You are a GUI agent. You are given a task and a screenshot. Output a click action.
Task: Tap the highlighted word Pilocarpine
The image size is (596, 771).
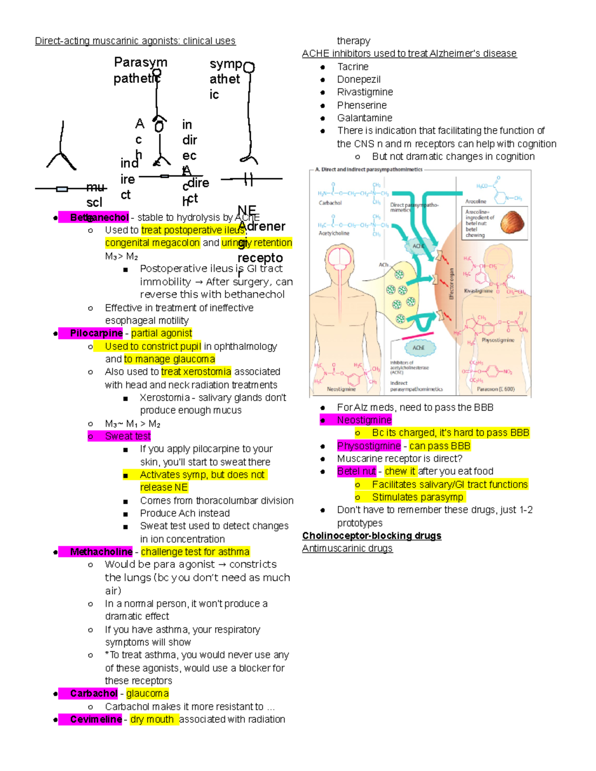pos(96,333)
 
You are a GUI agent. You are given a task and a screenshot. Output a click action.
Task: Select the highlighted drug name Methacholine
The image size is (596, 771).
pos(101,552)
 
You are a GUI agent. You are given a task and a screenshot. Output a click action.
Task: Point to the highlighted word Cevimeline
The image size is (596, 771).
pos(95,719)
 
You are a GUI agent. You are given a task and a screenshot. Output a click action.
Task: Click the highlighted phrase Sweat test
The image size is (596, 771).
pos(128,436)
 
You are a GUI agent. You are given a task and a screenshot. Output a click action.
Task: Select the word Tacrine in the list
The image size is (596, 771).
pos(353,67)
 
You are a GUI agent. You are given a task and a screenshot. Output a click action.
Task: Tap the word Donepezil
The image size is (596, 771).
pos(359,79)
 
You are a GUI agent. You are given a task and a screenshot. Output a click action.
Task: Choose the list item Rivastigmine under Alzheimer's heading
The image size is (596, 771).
pos(365,92)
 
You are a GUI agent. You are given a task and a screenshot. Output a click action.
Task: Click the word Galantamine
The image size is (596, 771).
pos(365,118)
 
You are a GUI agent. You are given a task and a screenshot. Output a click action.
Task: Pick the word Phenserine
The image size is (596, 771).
pos(362,105)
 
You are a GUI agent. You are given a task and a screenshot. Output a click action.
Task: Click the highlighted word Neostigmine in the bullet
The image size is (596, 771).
pos(364,420)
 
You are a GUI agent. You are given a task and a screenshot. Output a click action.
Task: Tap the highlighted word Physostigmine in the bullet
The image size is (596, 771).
pos(369,446)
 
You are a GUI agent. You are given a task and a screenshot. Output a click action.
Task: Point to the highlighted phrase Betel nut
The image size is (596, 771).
pos(356,471)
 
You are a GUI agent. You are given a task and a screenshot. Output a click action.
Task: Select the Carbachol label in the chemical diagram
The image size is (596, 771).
pos(330,203)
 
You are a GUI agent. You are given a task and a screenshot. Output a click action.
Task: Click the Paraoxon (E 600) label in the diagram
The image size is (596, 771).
pos(496,389)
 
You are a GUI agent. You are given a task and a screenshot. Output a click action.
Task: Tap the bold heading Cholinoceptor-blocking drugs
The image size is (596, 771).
pos(372,536)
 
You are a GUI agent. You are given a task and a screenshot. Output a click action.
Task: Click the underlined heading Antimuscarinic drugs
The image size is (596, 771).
pos(347,548)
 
